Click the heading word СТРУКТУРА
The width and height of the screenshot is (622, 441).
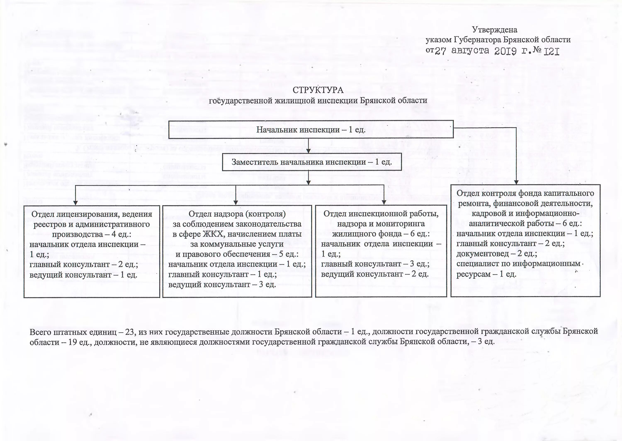click(x=318, y=90)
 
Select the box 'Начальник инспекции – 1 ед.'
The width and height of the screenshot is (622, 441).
click(x=311, y=130)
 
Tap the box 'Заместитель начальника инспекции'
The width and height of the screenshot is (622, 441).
click(x=312, y=162)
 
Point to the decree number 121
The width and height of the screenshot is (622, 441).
click(x=552, y=52)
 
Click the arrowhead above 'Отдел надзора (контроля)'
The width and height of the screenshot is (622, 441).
click(x=236, y=203)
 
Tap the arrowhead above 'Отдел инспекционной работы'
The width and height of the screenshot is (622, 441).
click(x=384, y=203)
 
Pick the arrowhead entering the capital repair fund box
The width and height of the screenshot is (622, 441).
click(x=516, y=182)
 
